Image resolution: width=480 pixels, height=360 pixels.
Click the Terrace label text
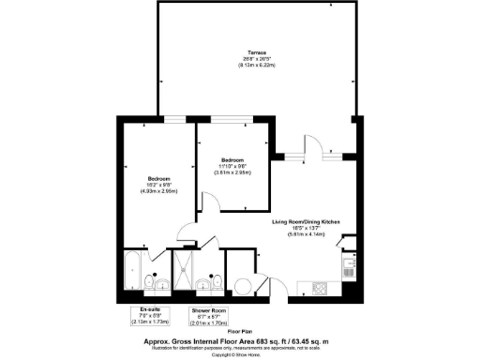pyautogui.click(x=257, y=52)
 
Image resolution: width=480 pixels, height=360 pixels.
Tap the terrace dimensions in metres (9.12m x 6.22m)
pyautogui.click(x=257, y=65)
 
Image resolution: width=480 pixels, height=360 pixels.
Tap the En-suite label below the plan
pyautogui.click(x=144, y=309)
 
